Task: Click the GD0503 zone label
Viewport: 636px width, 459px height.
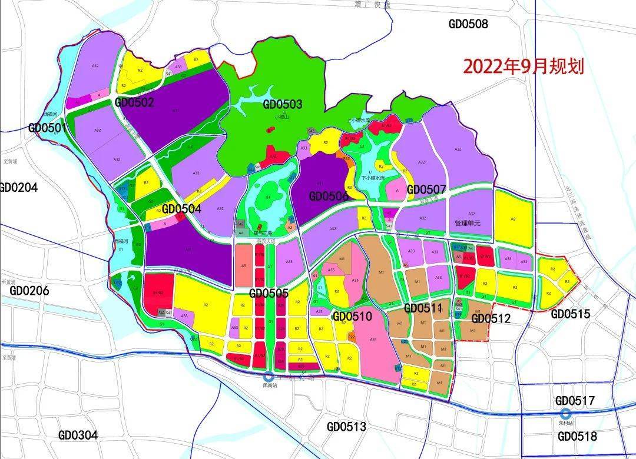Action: pyautogui.click(x=283, y=105)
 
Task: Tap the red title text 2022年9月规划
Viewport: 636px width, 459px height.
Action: pyautogui.click(x=523, y=66)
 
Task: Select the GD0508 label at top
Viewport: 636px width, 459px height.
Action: pyautogui.click(x=468, y=24)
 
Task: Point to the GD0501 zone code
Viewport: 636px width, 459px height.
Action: pyautogui.click(x=48, y=128)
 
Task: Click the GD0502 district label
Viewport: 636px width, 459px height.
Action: pyautogui.click(x=134, y=102)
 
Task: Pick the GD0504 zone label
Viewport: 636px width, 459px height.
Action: pyautogui.click(x=181, y=209)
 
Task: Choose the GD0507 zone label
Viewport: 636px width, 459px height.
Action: pyautogui.click(x=426, y=190)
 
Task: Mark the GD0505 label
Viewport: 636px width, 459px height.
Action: pyautogui.click(x=269, y=293)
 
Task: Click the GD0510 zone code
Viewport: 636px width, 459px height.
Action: pyautogui.click(x=352, y=317)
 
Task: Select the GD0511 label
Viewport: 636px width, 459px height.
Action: pyautogui.click(x=423, y=308)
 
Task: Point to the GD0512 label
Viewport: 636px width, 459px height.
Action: pyautogui.click(x=491, y=318)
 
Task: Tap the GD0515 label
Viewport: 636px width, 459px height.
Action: pyautogui.click(x=570, y=314)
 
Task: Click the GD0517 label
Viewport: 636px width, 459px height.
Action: pyautogui.click(x=575, y=401)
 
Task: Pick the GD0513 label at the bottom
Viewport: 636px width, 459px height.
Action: pyautogui.click(x=346, y=427)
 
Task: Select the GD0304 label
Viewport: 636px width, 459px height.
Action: pyautogui.click(x=78, y=435)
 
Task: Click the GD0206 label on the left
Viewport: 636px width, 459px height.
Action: pyautogui.click(x=29, y=291)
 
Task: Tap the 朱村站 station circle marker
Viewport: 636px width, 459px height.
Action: pyautogui.click(x=565, y=413)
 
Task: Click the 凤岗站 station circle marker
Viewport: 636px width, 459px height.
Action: pyautogui.click(x=269, y=377)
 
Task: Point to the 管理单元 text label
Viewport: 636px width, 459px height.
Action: pyautogui.click(x=468, y=224)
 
